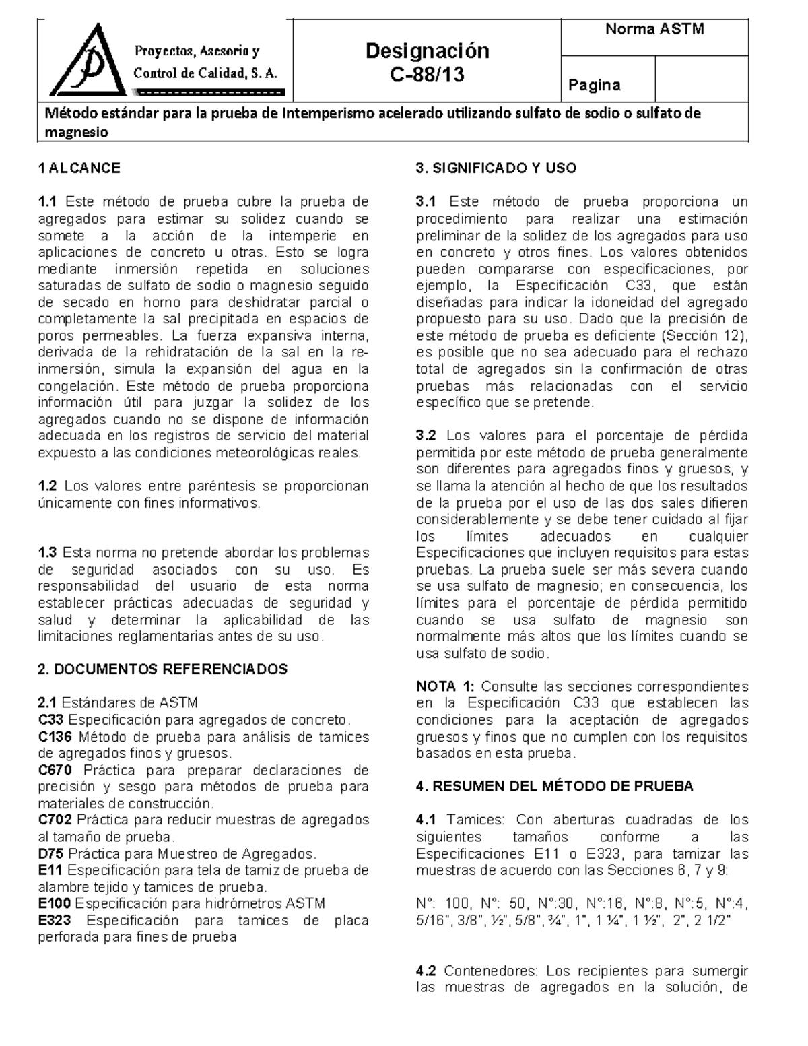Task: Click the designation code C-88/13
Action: [428, 75]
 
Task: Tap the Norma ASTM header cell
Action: [654, 30]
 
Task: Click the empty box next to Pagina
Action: [701, 79]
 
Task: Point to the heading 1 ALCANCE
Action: [79, 168]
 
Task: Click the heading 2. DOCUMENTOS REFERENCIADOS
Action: [163, 669]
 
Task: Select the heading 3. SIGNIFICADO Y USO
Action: [496, 168]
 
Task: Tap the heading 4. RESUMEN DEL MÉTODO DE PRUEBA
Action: [554, 787]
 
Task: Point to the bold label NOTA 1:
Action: [445, 687]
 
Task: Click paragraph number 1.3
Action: [48, 553]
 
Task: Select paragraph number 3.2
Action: [426, 436]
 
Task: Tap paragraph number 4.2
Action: [426, 971]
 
